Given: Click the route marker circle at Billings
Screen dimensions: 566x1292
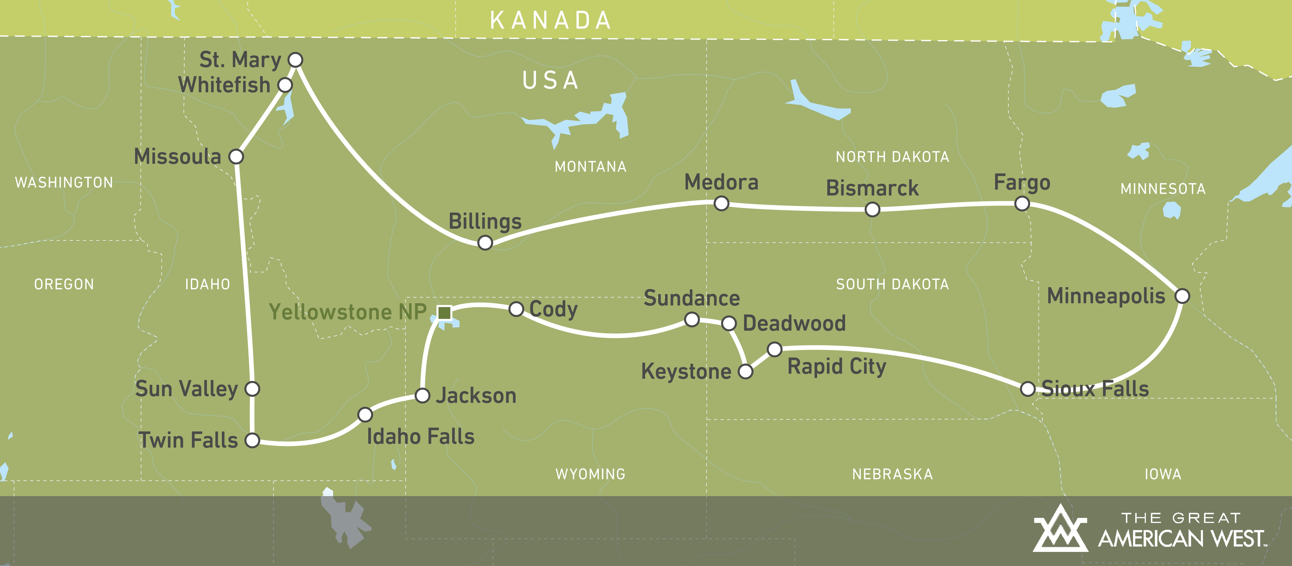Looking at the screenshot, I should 485,243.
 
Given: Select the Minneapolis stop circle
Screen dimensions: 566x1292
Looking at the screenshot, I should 1182,296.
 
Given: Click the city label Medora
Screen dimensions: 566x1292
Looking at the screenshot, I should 721,182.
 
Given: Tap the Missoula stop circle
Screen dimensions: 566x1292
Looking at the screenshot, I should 236,157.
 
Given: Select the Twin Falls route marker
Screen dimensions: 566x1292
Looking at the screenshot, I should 252,440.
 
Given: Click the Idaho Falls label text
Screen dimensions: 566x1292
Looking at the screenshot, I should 420,437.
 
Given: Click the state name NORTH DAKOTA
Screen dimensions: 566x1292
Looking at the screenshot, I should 892,157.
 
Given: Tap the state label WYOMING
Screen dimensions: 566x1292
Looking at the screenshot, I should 590,474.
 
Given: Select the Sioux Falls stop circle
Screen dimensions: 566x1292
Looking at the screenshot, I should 1028,389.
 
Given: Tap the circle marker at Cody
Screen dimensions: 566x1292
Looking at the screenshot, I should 516,309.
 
